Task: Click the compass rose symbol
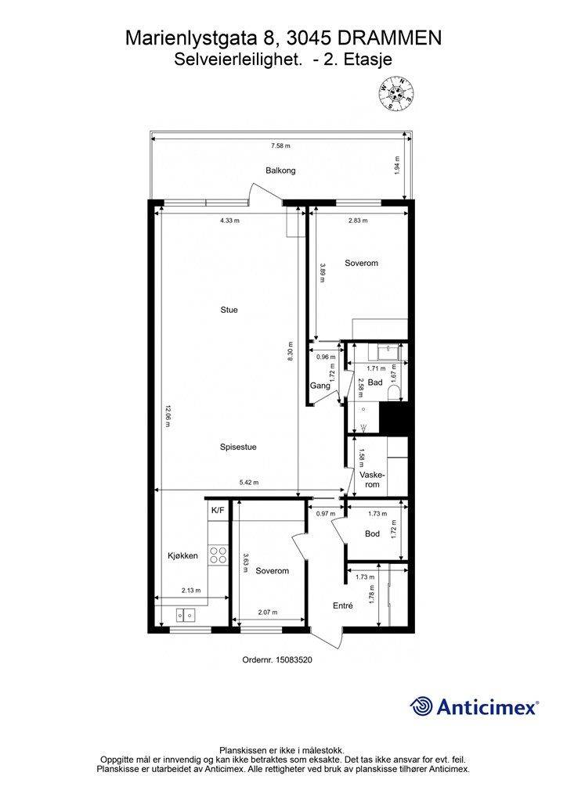pos(395,92)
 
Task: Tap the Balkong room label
pos(280,171)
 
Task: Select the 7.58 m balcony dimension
pos(280,145)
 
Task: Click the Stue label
pos(229,310)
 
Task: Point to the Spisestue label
pos(238,447)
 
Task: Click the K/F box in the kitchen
pos(218,510)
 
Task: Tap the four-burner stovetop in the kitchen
pos(218,555)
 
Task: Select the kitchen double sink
pos(185,615)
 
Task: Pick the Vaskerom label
pos(372,480)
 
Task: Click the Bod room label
pos(372,533)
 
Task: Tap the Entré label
pos(342,605)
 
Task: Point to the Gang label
pos(320,386)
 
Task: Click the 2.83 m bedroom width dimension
pos(358,221)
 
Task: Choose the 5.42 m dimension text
pos(249,482)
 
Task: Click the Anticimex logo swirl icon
pos(421,706)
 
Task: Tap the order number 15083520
pos(294,659)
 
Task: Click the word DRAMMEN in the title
pos(390,38)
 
